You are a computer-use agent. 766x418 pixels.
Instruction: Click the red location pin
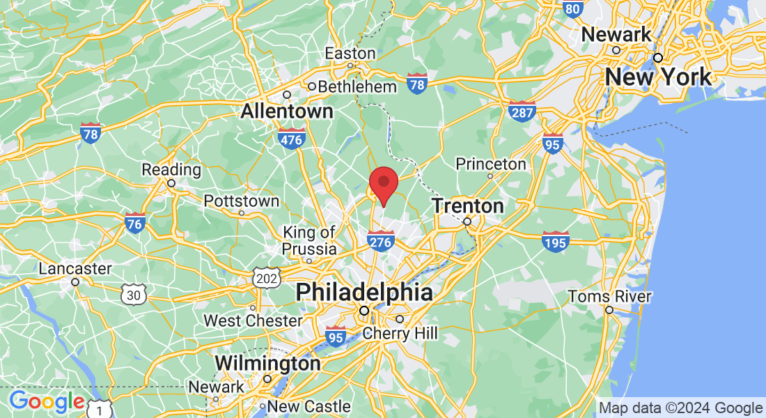click(383, 184)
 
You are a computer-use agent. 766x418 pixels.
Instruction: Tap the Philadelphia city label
click(364, 292)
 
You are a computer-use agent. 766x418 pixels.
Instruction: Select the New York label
click(659, 77)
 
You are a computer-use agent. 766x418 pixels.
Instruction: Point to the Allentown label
click(287, 111)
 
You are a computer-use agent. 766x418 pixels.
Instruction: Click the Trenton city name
click(467, 206)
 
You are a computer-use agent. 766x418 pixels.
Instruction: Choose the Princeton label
click(491, 164)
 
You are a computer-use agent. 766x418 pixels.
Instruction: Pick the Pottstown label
click(242, 201)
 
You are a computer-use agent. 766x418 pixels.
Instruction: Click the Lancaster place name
click(75, 269)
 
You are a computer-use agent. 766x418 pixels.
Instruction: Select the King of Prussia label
click(309, 240)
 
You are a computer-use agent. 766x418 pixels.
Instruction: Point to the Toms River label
click(609, 297)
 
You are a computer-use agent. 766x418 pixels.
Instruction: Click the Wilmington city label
click(267, 364)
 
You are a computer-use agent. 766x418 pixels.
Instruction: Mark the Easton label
click(350, 54)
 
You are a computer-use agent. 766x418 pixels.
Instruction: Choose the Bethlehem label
click(357, 87)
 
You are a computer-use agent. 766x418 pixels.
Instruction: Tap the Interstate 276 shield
click(381, 240)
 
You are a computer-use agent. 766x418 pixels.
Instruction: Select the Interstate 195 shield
click(556, 240)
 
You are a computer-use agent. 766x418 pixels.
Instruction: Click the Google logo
click(47, 401)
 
